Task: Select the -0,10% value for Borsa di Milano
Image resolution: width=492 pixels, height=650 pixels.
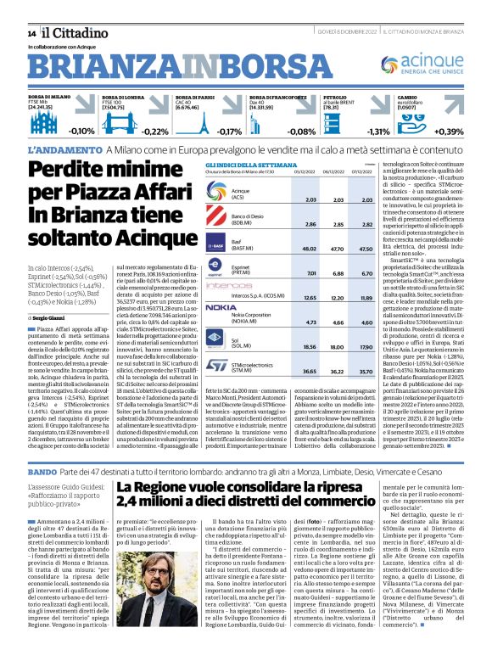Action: pos(81,132)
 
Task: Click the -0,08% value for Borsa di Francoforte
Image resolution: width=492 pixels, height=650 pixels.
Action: pos(301,132)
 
